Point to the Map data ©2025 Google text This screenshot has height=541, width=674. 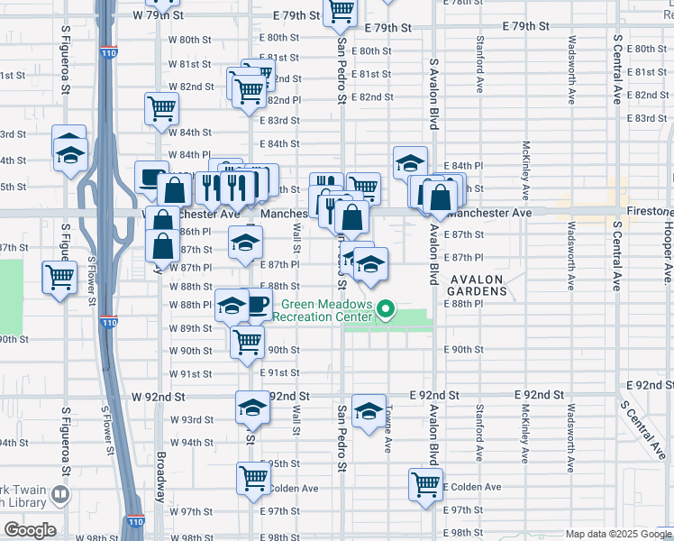[x=617, y=534]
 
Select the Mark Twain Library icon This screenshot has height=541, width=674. [x=59, y=494]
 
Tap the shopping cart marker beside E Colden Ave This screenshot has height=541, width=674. [x=425, y=483]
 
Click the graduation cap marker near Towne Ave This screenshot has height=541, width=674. [x=368, y=411]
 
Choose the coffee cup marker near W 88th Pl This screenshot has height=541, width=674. [x=258, y=305]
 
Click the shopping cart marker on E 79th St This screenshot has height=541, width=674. [x=340, y=11]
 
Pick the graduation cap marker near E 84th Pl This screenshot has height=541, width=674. [x=410, y=162]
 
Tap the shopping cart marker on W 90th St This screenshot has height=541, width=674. [x=247, y=343]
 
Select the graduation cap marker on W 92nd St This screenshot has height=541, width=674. [x=252, y=408]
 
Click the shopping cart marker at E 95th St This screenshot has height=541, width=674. [x=253, y=477]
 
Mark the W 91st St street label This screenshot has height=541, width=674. [x=190, y=373]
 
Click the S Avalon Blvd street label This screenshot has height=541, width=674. [x=434, y=95]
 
